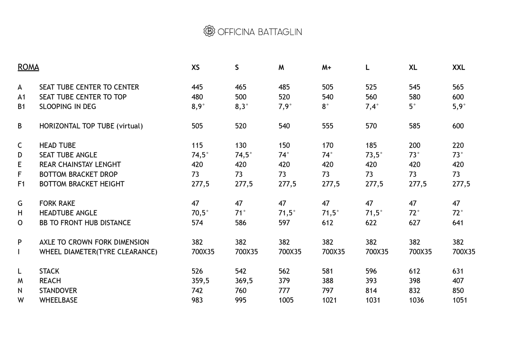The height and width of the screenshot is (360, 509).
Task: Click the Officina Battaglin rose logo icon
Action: tap(209, 31)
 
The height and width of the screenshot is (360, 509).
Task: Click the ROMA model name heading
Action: tap(28, 67)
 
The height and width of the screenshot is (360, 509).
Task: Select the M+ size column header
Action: tap(327, 67)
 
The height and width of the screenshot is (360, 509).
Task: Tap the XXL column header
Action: tap(459, 67)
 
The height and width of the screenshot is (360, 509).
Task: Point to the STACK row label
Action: tap(49, 271)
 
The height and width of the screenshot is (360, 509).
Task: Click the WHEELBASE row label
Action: tap(58, 300)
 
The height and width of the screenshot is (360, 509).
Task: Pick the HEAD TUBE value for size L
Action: tap(371, 145)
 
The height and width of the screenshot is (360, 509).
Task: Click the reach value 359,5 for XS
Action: tap(200, 281)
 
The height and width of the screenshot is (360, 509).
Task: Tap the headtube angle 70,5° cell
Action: tap(200, 213)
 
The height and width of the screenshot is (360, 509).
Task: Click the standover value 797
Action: tap(327, 290)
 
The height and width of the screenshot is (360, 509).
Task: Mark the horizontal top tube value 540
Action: tap(284, 126)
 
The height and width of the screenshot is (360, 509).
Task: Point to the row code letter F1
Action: tap(21, 184)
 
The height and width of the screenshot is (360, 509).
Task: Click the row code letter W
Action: tap(21, 300)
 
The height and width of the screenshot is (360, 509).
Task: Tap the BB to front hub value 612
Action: tap(327, 223)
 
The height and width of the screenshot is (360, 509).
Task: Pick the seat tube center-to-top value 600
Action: tap(458, 97)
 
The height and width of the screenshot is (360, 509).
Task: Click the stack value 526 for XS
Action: tap(197, 271)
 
